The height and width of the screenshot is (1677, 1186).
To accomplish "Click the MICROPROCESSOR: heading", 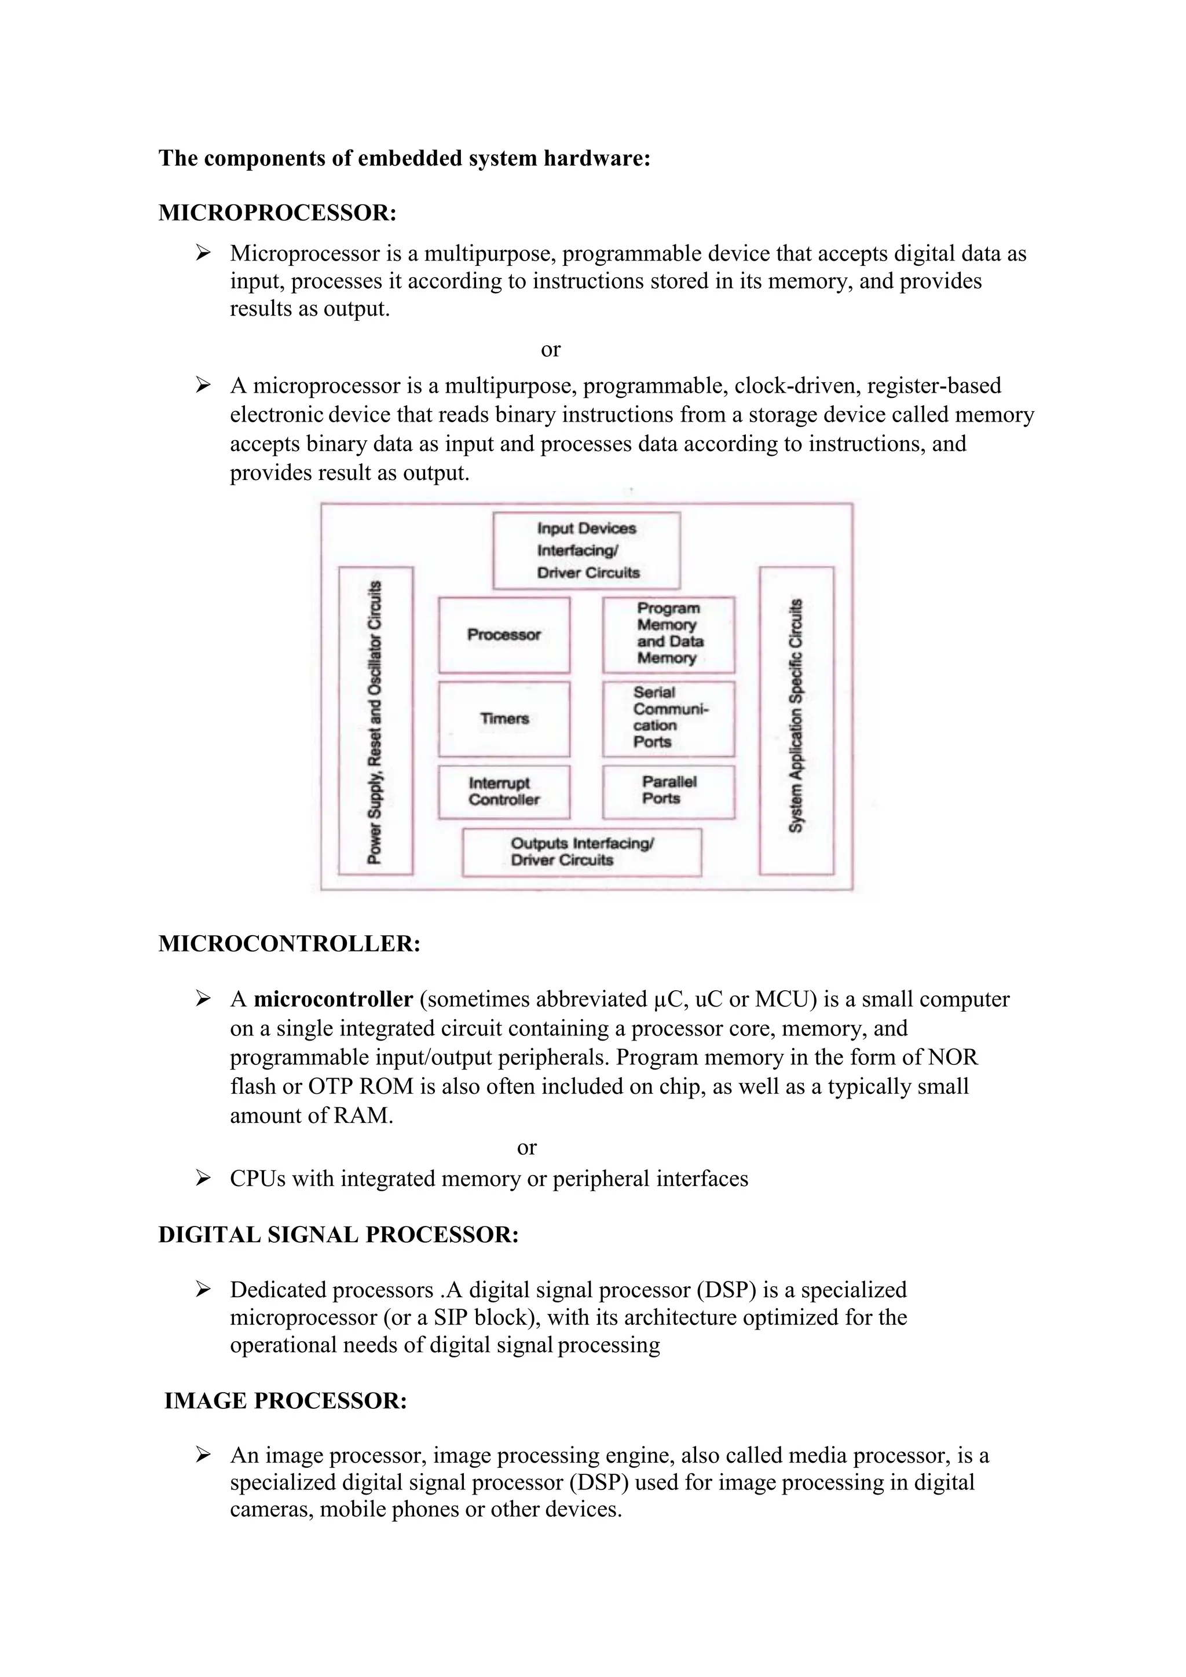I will pyautogui.click(x=277, y=213).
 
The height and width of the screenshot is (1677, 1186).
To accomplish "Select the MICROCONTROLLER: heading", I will pyautogui.click(x=289, y=944).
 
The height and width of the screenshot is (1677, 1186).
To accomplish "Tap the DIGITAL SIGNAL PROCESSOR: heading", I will pyautogui.click(x=338, y=1235).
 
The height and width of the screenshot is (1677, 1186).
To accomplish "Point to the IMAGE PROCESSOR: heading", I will pyautogui.click(x=285, y=1400).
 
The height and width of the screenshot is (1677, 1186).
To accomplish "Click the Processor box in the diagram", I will pyautogui.click(x=504, y=635).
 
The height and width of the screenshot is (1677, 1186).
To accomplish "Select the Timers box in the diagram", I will pyautogui.click(x=504, y=719).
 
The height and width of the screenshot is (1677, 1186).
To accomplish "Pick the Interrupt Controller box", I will pyautogui.click(x=504, y=792).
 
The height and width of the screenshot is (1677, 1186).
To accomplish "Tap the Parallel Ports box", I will pyautogui.click(x=668, y=792).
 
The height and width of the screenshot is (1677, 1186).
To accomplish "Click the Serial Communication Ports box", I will pyautogui.click(x=668, y=719).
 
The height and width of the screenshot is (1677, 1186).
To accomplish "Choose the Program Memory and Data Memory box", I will pyautogui.click(x=668, y=634).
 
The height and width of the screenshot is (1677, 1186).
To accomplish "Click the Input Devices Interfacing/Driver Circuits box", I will pyautogui.click(x=587, y=551).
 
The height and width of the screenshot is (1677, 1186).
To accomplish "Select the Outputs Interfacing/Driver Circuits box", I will pyautogui.click(x=582, y=852).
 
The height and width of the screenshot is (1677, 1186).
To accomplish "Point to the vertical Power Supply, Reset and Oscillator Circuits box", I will pyautogui.click(x=375, y=721).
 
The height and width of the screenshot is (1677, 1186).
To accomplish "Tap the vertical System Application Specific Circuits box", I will pyautogui.click(x=796, y=721).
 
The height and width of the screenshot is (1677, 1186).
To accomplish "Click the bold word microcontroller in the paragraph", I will pyautogui.click(x=333, y=999).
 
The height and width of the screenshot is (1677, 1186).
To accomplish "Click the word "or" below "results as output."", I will pyautogui.click(x=551, y=350).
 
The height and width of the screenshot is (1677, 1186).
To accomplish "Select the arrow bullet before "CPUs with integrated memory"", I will pyautogui.click(x=203, y=1178).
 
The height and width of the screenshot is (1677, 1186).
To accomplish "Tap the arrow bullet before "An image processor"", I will pyautogui.click(x=203, y=1455).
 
